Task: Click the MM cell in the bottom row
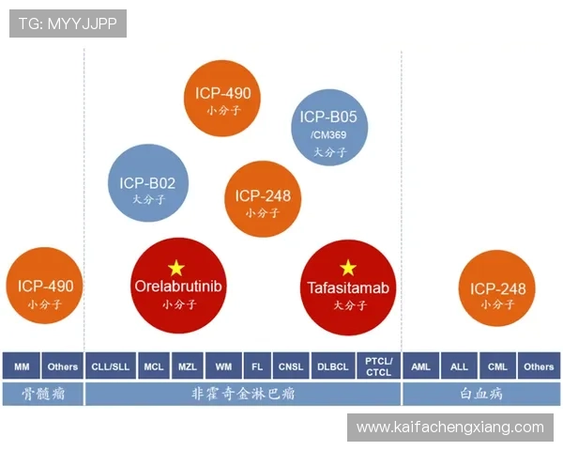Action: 22,365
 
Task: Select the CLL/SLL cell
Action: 111,365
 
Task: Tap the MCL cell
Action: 153,365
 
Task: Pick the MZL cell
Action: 188,365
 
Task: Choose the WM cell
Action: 223,365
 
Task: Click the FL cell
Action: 257,365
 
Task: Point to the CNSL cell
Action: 290,365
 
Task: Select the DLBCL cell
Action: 332,365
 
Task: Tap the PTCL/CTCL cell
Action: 378,365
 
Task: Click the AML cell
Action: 421,365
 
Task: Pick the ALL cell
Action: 459,365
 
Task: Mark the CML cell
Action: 497,365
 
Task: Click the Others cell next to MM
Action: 63,365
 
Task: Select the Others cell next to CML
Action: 539,365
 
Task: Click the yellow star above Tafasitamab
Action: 348,268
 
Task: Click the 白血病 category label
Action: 481,393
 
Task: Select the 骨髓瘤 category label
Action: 42,393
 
